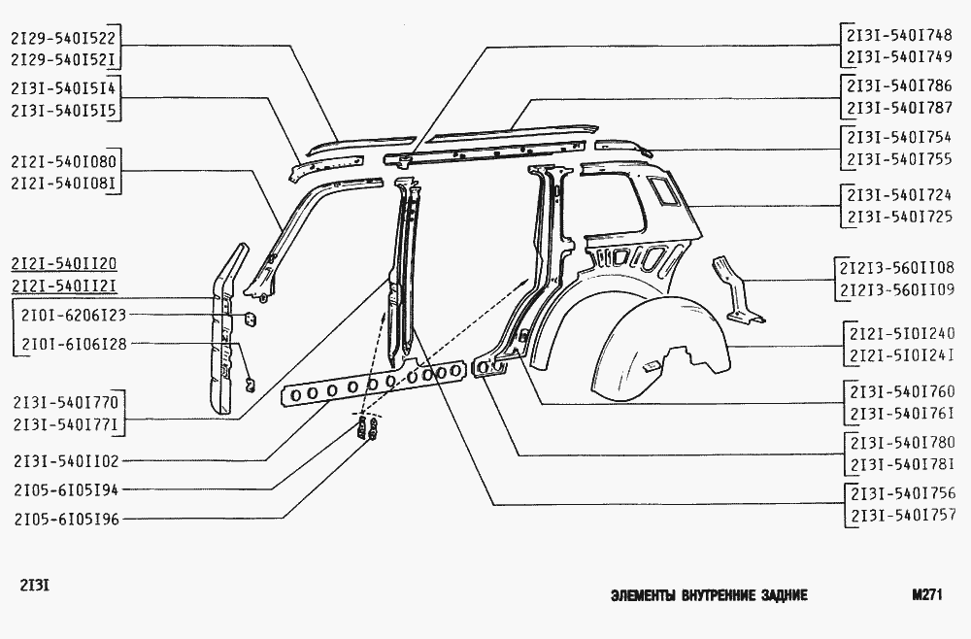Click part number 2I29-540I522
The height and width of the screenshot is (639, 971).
click(63, 39)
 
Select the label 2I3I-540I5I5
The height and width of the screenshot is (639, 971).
click(63, 110)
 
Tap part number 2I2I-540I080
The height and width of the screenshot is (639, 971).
click(63, 162)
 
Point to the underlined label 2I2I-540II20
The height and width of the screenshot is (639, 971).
click(63, 264)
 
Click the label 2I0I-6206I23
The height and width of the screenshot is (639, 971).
click(74, 316)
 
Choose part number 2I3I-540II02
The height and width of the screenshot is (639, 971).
click(66, 461)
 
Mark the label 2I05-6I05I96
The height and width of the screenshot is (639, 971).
click(66, 519)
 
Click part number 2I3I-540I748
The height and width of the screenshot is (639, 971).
click(899, 35)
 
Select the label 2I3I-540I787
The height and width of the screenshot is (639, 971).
click(899, 108)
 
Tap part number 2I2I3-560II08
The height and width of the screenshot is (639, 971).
click(896, 268)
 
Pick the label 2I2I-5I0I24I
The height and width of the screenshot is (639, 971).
click(902, 356)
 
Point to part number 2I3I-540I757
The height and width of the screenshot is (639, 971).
click(903, 515)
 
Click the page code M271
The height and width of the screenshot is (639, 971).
click(927, 595)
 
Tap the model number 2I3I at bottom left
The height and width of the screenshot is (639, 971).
click(35, 585)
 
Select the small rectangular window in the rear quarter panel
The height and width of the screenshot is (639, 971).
click(664, 190)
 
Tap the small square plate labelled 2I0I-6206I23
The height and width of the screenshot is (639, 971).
click(251, 319)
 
